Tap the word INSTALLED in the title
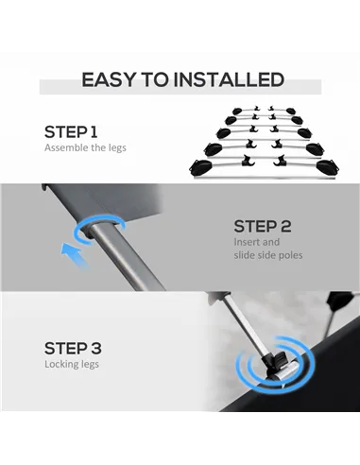click(x=230, y=79)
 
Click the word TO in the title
click(x=155, y=79)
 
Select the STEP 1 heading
click(x=71, y=132)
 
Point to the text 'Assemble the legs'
click(x=85, y=147)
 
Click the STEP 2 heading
click(x=263, y=226)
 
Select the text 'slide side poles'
click(x=268, y=255)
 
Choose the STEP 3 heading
click(x=73, y=348)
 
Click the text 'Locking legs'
click(x=72, y=365)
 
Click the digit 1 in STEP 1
click(x=94, y=132)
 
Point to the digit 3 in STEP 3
click(x=96, y=348)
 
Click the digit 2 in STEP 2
click(x=285, y=226)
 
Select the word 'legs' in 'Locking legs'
click(x=90, y=365)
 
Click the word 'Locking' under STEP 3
click(x=61, y=365)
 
